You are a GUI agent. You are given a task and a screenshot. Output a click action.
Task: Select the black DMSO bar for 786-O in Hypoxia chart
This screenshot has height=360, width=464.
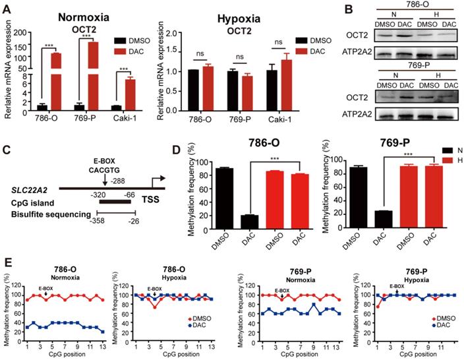(x=194, y=89)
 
